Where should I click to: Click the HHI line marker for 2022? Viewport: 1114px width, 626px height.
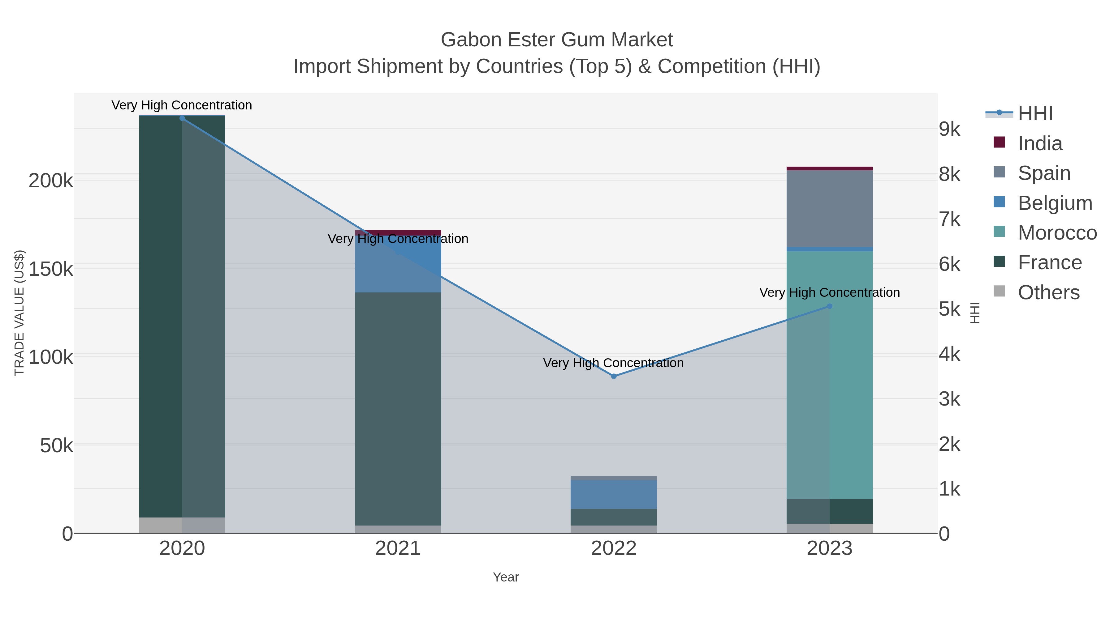point(613,376)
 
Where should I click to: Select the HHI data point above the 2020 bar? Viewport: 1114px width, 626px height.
point(182,118)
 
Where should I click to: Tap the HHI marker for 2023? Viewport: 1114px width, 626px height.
point(829,306)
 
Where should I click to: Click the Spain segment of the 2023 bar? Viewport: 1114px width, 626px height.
point(829,209)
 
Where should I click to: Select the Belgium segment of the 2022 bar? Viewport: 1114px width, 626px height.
point(613,494)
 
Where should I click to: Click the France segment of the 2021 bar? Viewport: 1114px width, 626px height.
point(398,408)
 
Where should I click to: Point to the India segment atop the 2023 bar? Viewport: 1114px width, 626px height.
point(829,168)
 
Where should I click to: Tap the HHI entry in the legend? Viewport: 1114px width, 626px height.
point(1034,114)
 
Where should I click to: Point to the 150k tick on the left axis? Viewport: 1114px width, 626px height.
point(51,269)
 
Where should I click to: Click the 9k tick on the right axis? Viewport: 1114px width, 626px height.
point(949,129)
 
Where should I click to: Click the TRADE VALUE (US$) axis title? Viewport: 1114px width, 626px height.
point(19,313)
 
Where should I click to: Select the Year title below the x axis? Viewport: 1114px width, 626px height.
point(506,577)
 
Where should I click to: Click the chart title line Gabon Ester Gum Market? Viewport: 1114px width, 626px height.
point(557,40)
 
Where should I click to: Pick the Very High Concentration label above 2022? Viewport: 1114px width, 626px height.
point(613,363)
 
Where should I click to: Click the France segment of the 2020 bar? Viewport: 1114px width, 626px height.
point(182,315)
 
